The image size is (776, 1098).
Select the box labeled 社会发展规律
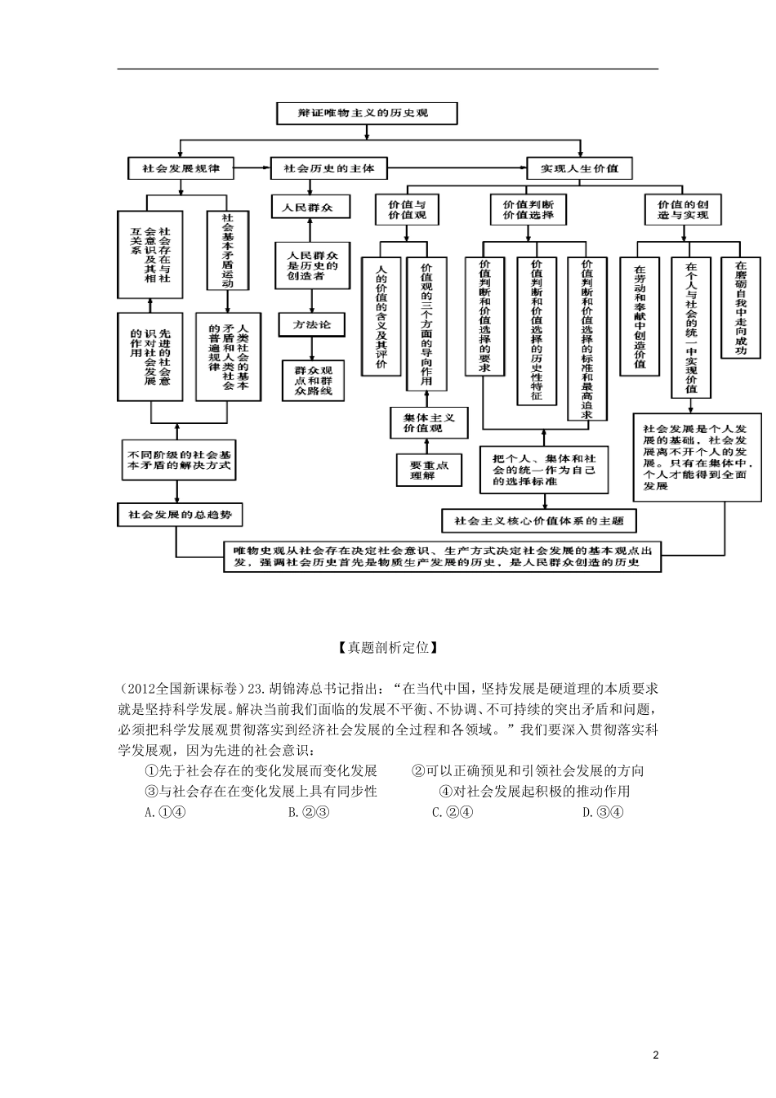(181, 168)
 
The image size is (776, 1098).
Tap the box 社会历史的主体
(329, 168)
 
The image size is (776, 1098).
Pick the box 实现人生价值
(579, 168)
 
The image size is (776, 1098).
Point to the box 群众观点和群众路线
(314, 380)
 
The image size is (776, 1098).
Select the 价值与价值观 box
(407, 209)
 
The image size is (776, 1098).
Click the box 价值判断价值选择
(528, 209)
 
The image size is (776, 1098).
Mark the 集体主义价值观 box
(429, 422)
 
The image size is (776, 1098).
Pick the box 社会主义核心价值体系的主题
(539, 520)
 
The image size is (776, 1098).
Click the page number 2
(655, 1056)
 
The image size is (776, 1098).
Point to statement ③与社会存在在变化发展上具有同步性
(261, 791)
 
